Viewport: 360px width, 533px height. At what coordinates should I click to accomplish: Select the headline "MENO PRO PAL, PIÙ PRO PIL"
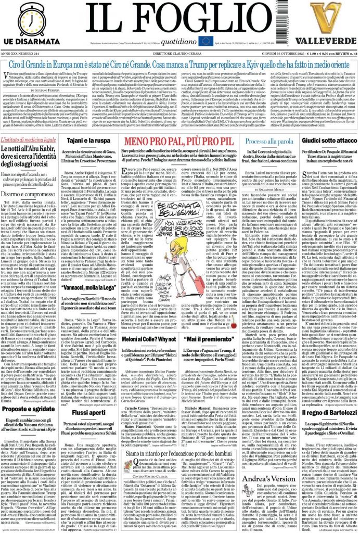click(x=180, y=142)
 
